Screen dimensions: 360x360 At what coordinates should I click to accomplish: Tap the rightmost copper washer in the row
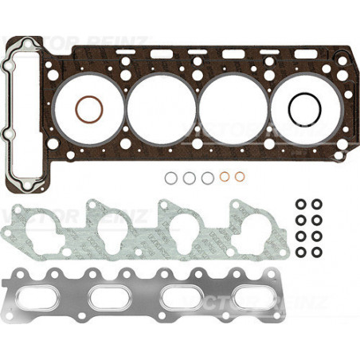point(241,177)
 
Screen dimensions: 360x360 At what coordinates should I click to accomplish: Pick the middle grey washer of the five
point(207,178)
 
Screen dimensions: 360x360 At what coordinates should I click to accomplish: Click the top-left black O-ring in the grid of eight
point(300,202)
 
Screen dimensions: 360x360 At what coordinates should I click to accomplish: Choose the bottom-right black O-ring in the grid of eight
point(317,252)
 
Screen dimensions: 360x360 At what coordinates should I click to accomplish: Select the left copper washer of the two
point(225,177)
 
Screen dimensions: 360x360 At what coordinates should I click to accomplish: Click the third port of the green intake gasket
point(182,227)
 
